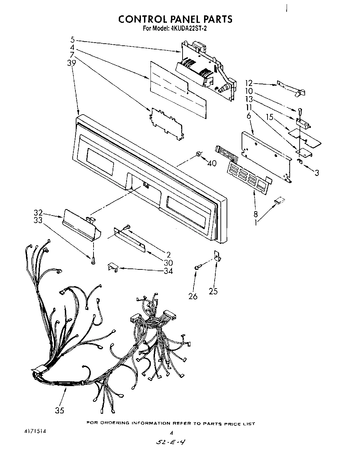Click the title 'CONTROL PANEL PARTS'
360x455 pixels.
(175, 19)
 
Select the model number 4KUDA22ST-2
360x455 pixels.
(187, 29)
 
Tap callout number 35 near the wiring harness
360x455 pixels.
(59, 410)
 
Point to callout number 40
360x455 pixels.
(212, 163)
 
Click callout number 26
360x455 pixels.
(193, 296)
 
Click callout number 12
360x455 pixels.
(249, 83)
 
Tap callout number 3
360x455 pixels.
(317, 173)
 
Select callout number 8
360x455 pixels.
(256, 215)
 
